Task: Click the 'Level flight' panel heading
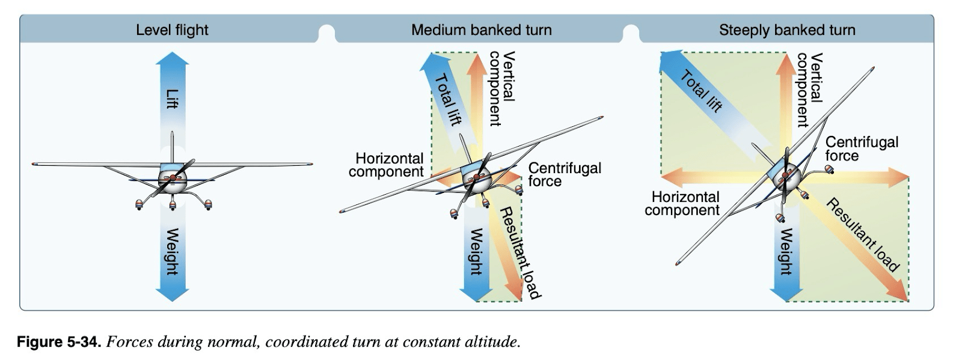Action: coord(172,30)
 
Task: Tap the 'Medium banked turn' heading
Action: coord(481,30)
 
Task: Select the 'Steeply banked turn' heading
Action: coord(786,30)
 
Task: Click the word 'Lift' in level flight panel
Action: coord(173,99)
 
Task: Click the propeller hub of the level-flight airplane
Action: coord(173,178)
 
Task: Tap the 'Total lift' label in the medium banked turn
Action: coord(447,99)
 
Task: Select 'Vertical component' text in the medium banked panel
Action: coord(501,88)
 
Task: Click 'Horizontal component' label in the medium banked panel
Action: coord(387,165)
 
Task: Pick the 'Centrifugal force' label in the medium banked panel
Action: coord(563,174)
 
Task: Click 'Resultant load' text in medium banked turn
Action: coord(521,252)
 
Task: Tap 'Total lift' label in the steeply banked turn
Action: coord(701,91)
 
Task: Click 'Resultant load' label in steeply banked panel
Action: coord(863,235)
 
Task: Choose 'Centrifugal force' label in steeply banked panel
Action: coord(861,148)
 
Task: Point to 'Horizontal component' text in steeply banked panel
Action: coord(683,203)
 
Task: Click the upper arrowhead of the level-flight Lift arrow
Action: coord(173,58)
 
